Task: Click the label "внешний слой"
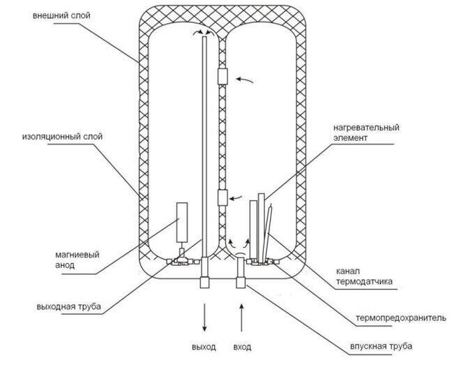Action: pyautogui.click(x=61, y=15)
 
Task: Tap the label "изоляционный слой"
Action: pyautogui.click(x=62, y=136)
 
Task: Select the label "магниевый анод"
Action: pyautogui.click(x=77, y=260)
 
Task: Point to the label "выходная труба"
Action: pyautogui.click(x=68, y=306)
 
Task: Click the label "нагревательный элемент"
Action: pyautogui.click(x=366, y=133)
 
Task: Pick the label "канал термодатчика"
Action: pyautogui.click(x=364, y=276)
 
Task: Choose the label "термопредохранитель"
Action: pyautogui.click(x=401, y=317)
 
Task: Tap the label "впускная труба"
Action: pyautogui.click(x=381, y=346)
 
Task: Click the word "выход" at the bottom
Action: pyautogui.click(x=204, y=347)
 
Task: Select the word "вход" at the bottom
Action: pyautogui.click(x=242, y=347)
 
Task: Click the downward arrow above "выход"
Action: pyautogui.click(x=204, y=317)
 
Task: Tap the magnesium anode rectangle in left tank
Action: pyautogui.click(x=182, y=222)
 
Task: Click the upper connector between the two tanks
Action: pyautogui.click(x=223, y=76)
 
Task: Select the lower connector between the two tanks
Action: pyautogui.click(x=223, y=197)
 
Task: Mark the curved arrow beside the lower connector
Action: pyautogui.click(x=236, y=197)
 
